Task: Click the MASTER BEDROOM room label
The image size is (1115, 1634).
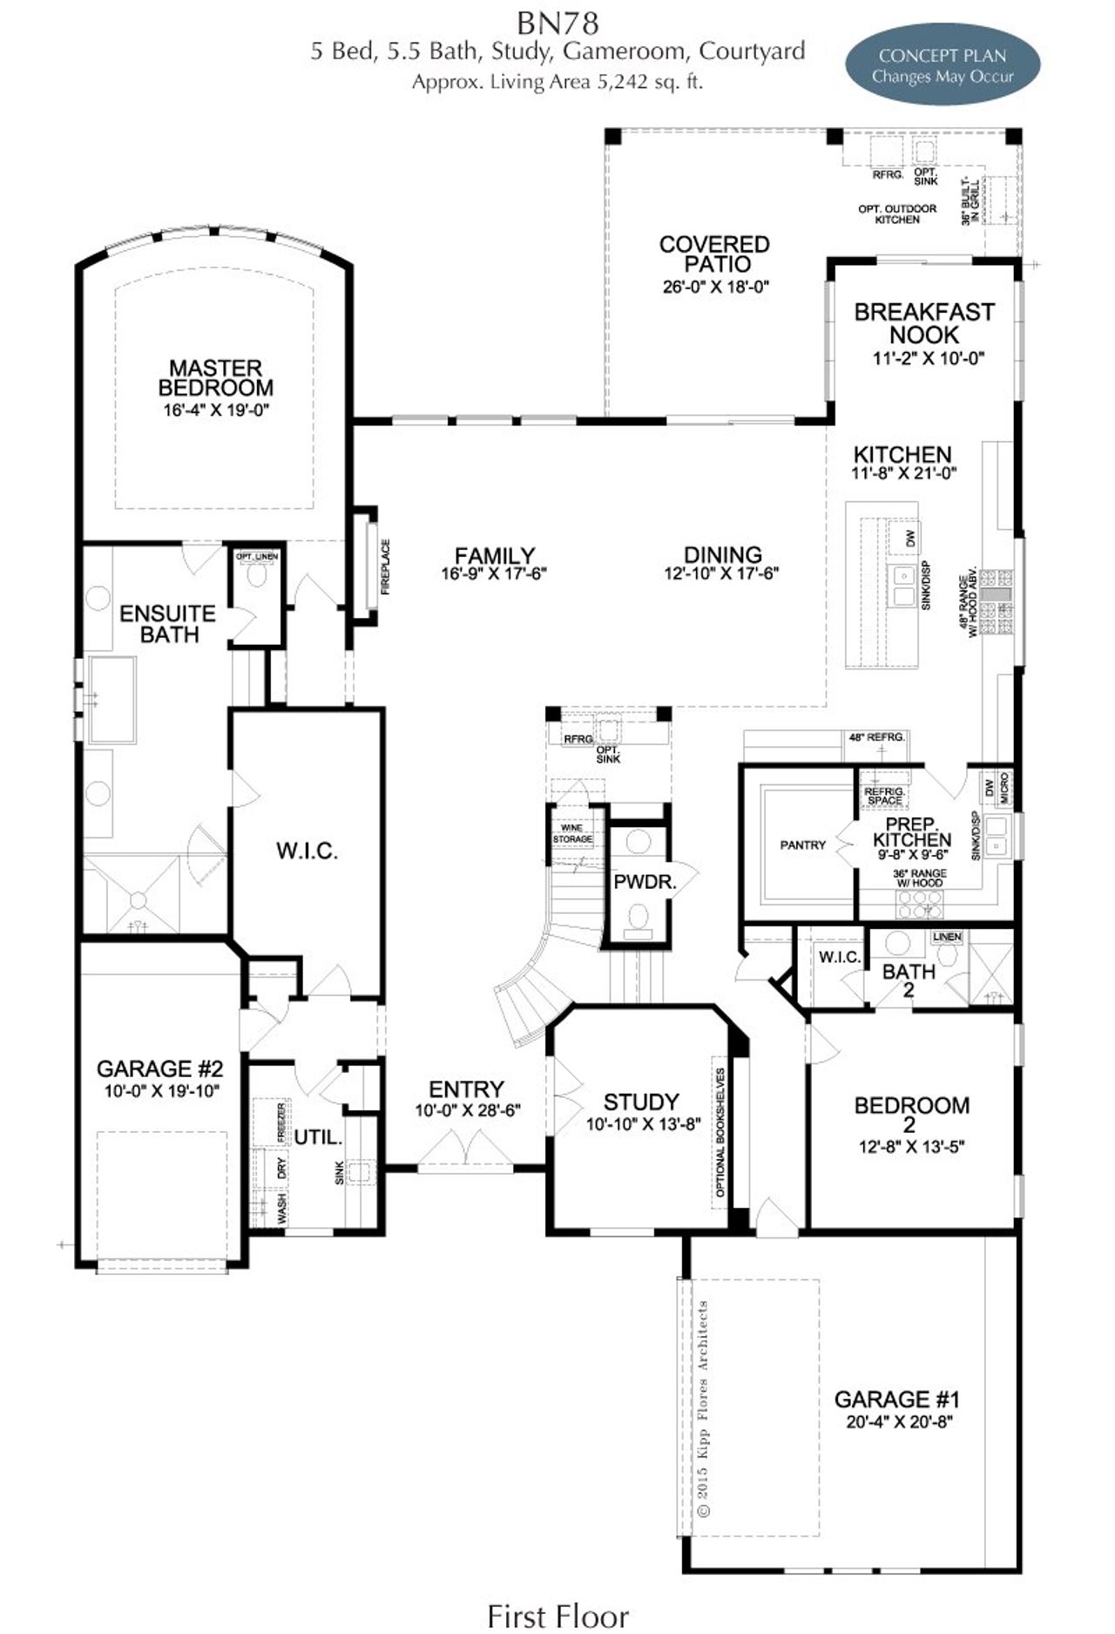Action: tap(215, 377)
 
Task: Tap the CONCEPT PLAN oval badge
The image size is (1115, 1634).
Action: tap(943, 65)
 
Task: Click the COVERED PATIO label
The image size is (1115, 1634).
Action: tap(714, 254)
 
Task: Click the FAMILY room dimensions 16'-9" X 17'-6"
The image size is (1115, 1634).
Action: tap(494, 573)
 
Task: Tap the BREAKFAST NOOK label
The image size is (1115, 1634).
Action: tap(924, 322)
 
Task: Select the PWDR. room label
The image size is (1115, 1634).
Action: tap(645, 881)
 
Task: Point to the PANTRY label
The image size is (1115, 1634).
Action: tap(802, 844)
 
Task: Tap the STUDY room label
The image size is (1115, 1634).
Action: tap(641, 1102)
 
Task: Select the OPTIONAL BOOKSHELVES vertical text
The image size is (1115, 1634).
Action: tap(720, 1130)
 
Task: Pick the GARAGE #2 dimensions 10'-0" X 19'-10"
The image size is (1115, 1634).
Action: tap(159, 1091)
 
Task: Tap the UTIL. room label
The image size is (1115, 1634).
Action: tap(318, 1137)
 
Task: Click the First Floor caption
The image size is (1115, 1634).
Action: tap(557, 1615)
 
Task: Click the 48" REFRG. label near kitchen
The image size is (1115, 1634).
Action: tap(876, 737)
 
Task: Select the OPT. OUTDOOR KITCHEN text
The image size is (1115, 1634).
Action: tap(897, 214)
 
